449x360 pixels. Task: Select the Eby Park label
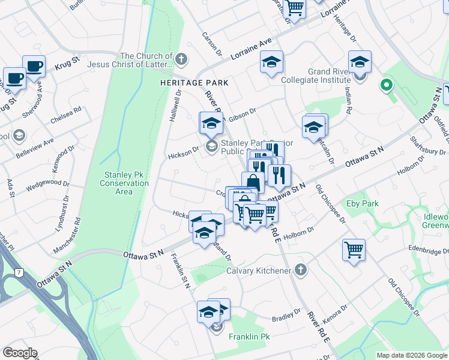coord(363,204)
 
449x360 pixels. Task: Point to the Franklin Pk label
coord(249,337)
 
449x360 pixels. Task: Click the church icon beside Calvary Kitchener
coord(301,271)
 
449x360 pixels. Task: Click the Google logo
coord(20,353)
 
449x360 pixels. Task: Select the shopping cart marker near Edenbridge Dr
coord(354,248)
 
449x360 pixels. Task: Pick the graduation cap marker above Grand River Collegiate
coord(360,62)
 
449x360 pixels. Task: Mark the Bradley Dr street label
coord(286,316)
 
